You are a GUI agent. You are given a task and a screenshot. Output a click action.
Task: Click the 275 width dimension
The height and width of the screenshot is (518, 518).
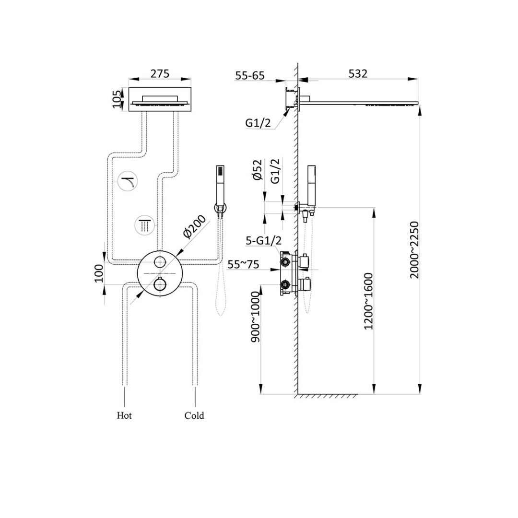click(x=160, y=74)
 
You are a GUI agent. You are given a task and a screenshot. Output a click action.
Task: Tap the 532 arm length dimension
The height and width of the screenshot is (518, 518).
click(x=358, y=74)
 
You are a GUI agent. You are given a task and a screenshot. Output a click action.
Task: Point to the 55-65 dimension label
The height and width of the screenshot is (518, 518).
click(x=250, y=75)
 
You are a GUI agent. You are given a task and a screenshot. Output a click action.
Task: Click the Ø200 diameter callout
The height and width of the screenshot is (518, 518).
click(x=194, y=227)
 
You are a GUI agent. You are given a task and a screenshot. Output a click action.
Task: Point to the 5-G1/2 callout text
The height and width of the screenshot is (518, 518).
click(x=263, y=241)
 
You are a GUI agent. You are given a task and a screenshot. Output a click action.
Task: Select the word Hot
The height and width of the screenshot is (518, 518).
click(x=124, y=415)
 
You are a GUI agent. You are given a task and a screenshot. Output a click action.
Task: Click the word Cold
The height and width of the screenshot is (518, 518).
click(x=194, y=416)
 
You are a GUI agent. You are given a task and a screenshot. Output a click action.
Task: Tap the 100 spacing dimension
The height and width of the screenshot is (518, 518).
click(x=99, y=273)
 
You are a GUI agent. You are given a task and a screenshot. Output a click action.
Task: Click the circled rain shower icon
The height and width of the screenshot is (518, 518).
click(x=144, y=225)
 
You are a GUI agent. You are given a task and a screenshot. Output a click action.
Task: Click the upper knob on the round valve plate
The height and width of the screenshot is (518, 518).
click(x=160, y=262)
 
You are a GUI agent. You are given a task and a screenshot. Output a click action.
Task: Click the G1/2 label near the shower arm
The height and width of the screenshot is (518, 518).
click(x=258, y=123)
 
